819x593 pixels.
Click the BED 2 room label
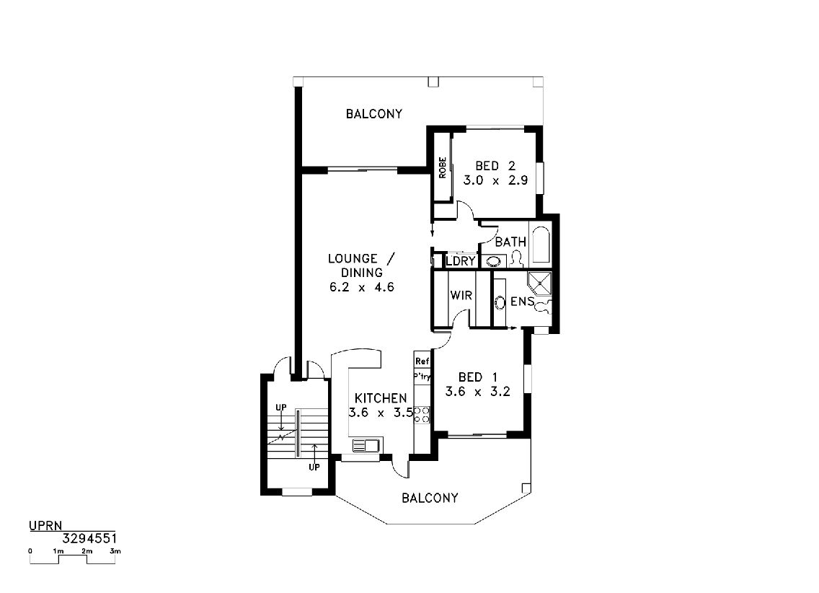pyautogui.click(x=495, y=166)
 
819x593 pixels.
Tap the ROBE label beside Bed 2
pyautogui.click(x=443, y=167)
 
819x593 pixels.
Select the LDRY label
pyautogui.click(x=461, y=260)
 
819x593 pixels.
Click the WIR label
pyautogui.click(x=461, y=295)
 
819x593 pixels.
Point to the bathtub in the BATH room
pyautogui.click(x=539, y=243)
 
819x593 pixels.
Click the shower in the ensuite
pyautogui.click(x=539, y=284)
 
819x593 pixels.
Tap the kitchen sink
pyautogui.click(x=366, y=446)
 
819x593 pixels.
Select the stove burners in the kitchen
pyautogui.click(x=422, y=414)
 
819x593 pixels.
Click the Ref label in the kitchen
pyautogui.click(x=422, y=361)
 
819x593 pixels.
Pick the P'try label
pyautogui.click(x=422, y=376)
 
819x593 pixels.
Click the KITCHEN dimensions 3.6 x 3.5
pyautogui.click(x=381, y=413)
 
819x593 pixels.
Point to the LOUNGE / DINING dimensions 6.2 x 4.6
pyautogui.click(x=361, y=287)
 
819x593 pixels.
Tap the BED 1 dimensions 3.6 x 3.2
pyautogui.click(x=477, y=391)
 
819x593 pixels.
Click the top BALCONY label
pyautogui.click(x=374, y=113)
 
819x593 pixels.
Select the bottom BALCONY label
pyautogui.click(x=430, y=498)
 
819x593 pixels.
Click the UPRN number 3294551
pyautogui.click(x=89, y=539)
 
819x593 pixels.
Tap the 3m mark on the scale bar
pyautogui.click(x=115, y=551)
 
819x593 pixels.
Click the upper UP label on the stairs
pyautogui.click(x=281, y=408)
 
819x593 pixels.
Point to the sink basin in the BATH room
pyautogui.click(x=494, y=260)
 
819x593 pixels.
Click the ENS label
pyautogui.click(x=522, y=302)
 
